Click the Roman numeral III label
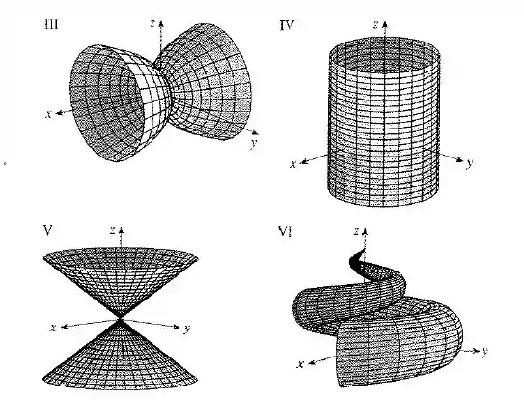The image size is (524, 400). pyautogui.click(x=51, y=24)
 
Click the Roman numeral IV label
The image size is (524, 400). pyautogui.click(x=287, y=25)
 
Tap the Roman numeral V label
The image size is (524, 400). pyautogui.click(x=48, y=230)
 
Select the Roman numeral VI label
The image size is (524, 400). pyautogui.click(x=286, y=231)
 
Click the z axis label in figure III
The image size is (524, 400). pyautogui.click(x=152, y=23)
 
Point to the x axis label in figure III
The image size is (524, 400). pyautogui.click(x=49, y=114)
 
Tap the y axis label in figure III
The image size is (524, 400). pyautogui.click(x=254, y=143)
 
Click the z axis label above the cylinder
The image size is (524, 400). pyautogui.click(x=376, y=24)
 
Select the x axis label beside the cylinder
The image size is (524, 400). pyautogui.click(x=293, y=164)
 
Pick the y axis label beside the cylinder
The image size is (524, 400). pyautogui.click(x=470, y=163)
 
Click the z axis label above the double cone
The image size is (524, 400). pyautogui.click(x=113, y=230)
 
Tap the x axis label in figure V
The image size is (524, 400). pyautogui.click(x=52, y=328)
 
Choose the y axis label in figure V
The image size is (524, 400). pyautogui.click(x=187, y=329)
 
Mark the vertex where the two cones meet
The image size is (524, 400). pyautogui.click(x=121, y=318)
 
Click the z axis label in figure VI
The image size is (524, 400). pyautogui.click(x=357, y=231)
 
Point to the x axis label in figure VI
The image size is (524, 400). pyautogui.click(x=300, y=364)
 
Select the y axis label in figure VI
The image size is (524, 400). pyautogui.click(x=484, y=351)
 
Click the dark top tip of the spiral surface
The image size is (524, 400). pyautogui.click(x=356, y=258)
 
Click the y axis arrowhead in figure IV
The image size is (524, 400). pyautogui.click(x=460, y=159)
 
